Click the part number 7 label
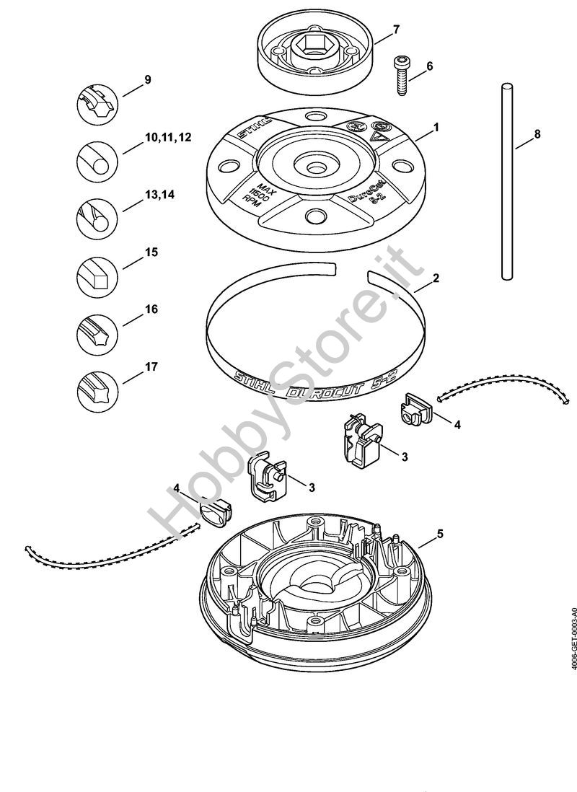point(396,30)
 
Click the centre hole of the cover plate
point(314,167)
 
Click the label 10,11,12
point(167,137)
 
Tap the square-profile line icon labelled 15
point(97,275)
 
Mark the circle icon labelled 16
point(97,331)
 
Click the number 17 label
point(151,366)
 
